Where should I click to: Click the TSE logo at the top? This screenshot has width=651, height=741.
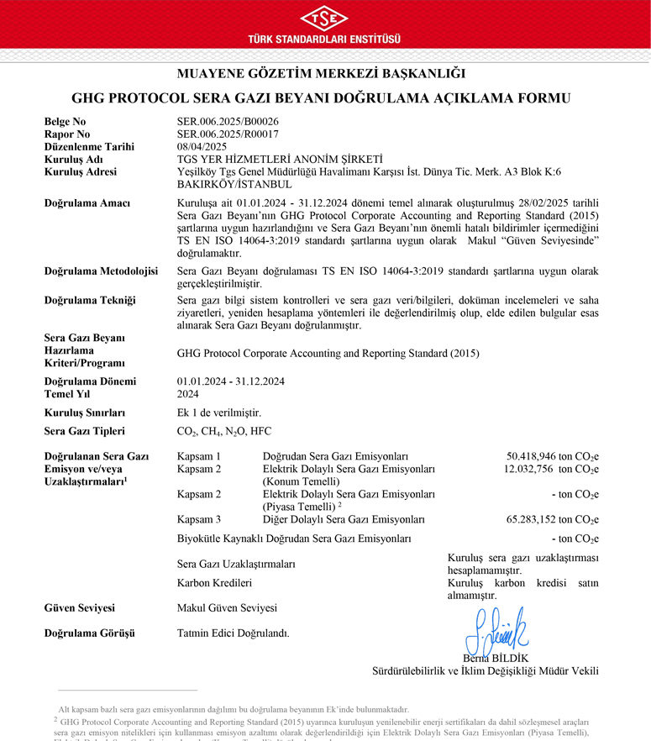tap(324, 18)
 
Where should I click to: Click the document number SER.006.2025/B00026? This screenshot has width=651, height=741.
tap(228, 122)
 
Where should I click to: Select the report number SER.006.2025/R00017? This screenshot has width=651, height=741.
tap(228, 134)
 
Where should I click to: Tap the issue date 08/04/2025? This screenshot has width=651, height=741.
tap(202, 146)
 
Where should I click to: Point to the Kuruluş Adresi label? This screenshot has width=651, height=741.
tap(81, 171)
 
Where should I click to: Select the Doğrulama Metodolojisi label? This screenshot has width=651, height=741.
tap(101, 271)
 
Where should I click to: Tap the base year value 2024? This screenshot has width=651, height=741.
tap(189, 393)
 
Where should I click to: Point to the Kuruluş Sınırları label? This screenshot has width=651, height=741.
tap(85, 413)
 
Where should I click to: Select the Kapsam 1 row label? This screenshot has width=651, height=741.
tap(199, 456)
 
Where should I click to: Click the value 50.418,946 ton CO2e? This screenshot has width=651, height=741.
tap(552, 456)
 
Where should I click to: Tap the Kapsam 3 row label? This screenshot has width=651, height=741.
tap(199, 519)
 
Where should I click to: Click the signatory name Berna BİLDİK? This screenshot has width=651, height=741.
tap(496, 658)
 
